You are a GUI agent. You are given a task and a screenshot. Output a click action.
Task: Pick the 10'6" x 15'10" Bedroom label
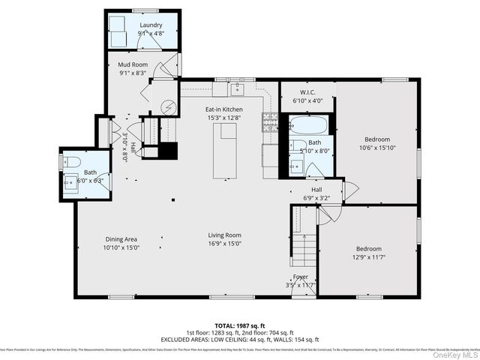[x=377, y=139]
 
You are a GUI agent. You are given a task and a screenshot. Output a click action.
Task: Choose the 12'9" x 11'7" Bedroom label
[x=368, y=249]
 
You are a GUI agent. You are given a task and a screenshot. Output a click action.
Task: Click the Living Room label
[x=225, y=235]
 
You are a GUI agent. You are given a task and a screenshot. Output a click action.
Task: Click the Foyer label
[x=301, y=277]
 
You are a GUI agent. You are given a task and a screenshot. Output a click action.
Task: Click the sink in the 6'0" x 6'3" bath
[x=70, y=181]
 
